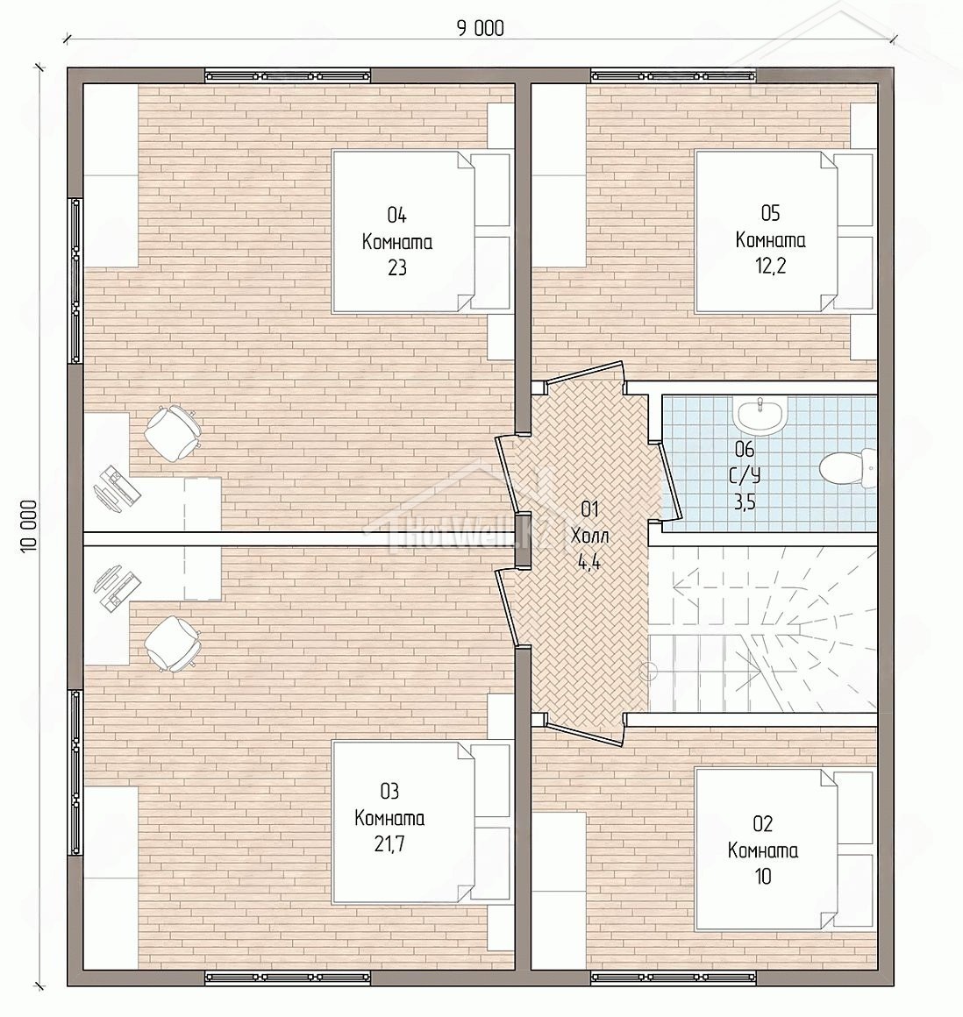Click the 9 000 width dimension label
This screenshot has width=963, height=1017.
pyautogui.click(x=481, y=29)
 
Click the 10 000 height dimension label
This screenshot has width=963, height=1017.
pyautogui.click(x=27, y=526)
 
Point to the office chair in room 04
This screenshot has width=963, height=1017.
pyautogui.click(x=171, y=432)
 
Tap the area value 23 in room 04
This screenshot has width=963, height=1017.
pyautogui.click(x=397, y=267)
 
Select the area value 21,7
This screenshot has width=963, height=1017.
pyautogui.click(x=389, y=843)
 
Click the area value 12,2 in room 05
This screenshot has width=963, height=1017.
pyautogui.click(x=770, y=266)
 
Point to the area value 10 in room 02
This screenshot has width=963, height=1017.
pyautogui.click(x=763, y=876)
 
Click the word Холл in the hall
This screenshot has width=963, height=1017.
pyautogui.click(x=589, y=536)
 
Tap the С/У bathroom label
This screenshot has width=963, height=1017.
pyautogui.click(x=745, y=475)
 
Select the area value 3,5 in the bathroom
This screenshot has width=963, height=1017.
pyautogui.click(x=745, y=502)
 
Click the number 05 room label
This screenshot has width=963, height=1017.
pyautogui.click(x=770, y=213)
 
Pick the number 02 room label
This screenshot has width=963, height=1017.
pyautogui.click(x=763, y=824)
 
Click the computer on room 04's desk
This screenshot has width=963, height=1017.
pyautogui.click(x=116, y=487)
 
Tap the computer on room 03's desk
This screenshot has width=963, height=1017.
pyautogui.click(x=116, y=587)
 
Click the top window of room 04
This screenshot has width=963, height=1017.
pyautogui.click(x=289, y=75)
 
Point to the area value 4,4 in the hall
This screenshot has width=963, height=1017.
pyautogui.click(x=589, y=562)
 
